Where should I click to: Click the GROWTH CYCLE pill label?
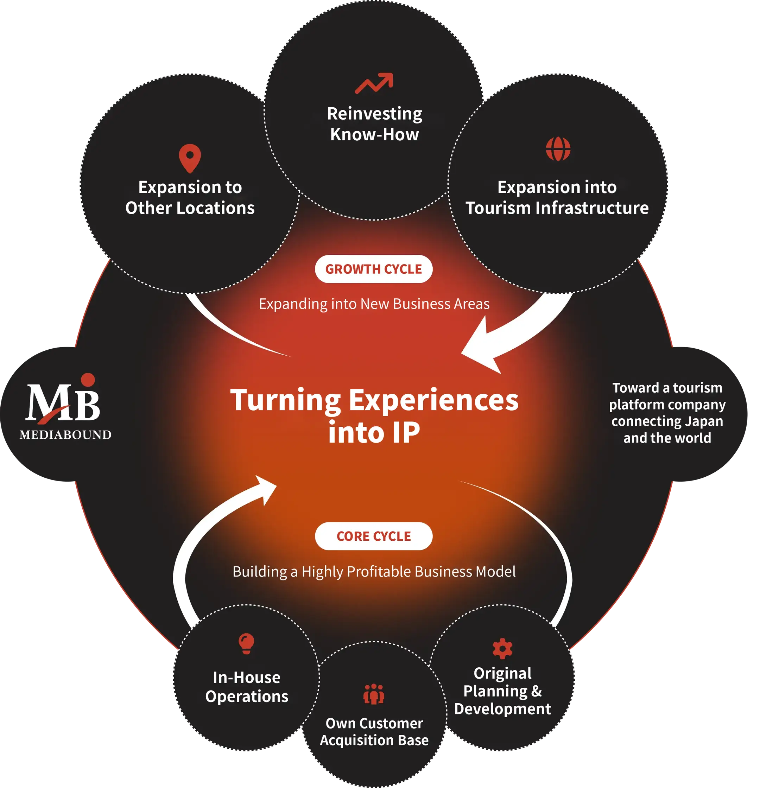pyautogui.click(x=374, y=269)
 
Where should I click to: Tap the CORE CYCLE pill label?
pyautogui.click(x=374, y=536)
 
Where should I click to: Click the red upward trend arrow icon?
pyautogui.click(x=374, y=83)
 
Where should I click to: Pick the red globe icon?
pyautogui.click(x=558, y=149)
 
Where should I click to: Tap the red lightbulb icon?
pyautogui.click(x=247, y=644)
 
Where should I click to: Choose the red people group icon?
pyautogui.click(x=374, y=694)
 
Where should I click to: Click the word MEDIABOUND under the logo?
pyautogui.click(x=65, y=434)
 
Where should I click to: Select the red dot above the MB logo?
pyautogui.click(x=88, y=380)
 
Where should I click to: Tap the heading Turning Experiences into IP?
pyautogui.click(x=374, y=416)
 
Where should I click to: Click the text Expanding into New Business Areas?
pyautogui.click(x=374, y=304)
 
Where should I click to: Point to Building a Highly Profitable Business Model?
pyautogui.click(x=374, y=571)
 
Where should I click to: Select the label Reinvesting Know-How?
pyautogui.click(x=374, y=124)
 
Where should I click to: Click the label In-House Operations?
pyautogui.click(x=247, y=687)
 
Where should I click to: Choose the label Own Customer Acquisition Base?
pyautogui.click(x=374, y=731)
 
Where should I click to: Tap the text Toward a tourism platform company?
pyautogui.click(x=667, y=396)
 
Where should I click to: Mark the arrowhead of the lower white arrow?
pyautogui.click(x=267, y=489)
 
